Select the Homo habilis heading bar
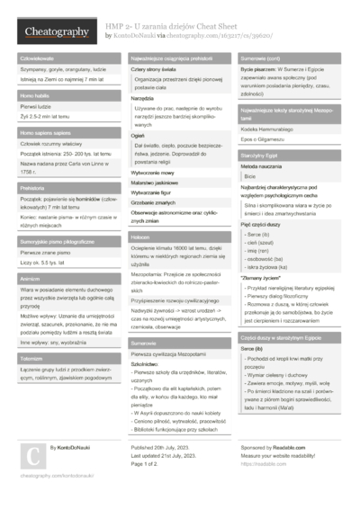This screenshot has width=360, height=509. coord(36,95)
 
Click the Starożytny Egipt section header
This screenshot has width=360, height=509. coord(260,156)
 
